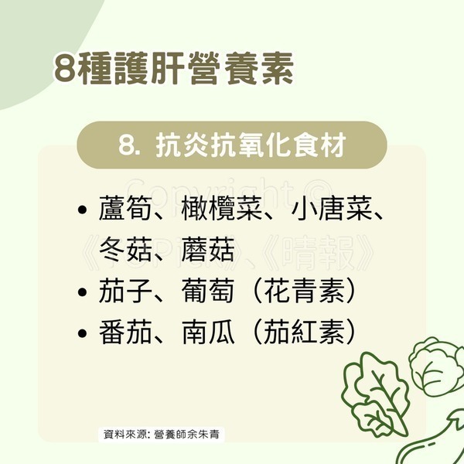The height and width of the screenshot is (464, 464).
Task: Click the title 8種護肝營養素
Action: [x=174, y=68]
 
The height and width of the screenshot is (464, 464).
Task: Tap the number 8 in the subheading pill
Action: [x=127, y=145]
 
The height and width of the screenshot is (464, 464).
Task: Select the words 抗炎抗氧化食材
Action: [x=251, y=145]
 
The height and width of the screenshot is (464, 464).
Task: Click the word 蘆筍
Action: [x=125, y=209]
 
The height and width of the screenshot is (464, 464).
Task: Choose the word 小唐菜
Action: [x=332, y=209]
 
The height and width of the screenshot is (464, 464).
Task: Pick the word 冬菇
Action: [x=125, y=250]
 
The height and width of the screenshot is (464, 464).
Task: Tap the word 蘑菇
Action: [x=208, y=250]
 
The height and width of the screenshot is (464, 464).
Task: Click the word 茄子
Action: [x=125, y=291]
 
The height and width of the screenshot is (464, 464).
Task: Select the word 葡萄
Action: [x=208, y=291]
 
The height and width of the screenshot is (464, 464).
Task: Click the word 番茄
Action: [x=125, y=332]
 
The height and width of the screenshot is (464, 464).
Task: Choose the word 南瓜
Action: [x=208, y=332]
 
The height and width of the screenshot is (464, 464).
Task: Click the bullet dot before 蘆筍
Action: [x=82, y=210]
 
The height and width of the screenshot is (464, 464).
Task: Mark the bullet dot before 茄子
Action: [x=82, y=292]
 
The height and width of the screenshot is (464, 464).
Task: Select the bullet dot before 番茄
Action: [x=82, y=333]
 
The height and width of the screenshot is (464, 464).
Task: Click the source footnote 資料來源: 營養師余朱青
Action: [x=162, y=435]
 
